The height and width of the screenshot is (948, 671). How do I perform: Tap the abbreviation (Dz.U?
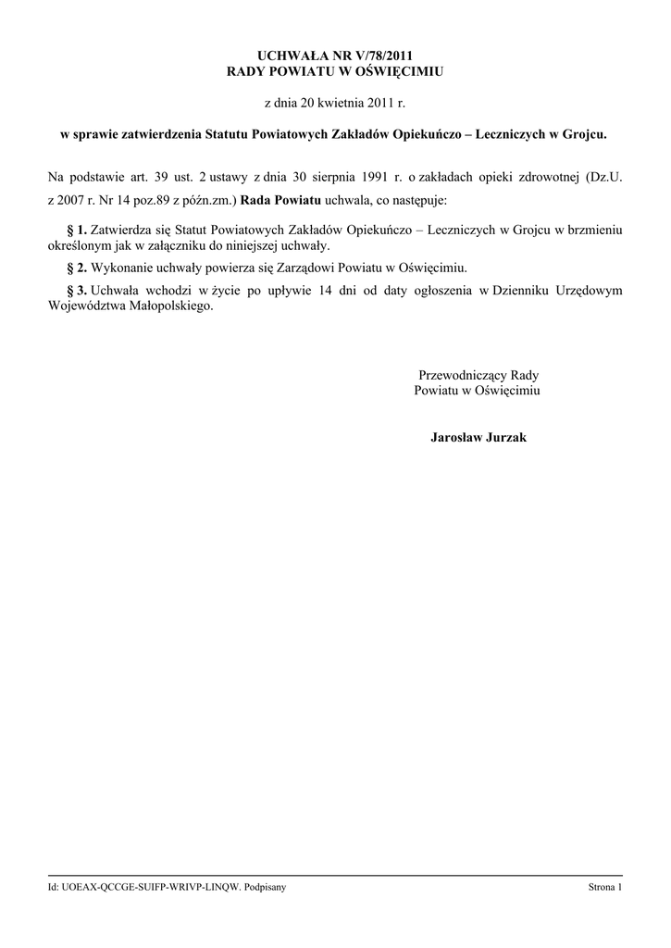tap(599, 177)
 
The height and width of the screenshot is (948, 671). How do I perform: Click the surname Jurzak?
tap(503, 437)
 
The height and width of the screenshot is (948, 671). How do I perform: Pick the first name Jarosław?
tap(454, 437)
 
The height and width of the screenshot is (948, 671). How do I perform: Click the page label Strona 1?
tap(605, 888)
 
